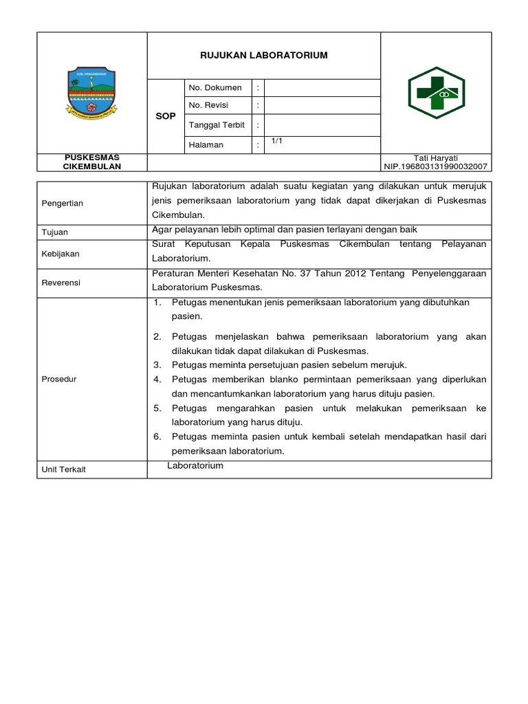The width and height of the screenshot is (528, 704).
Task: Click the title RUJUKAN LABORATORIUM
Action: pyautogui.click(x=263, y=56)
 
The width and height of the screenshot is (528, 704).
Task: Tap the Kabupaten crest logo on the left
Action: pyautogui.click(x=91, y=92)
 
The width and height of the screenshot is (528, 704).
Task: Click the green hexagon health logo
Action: pyautogui.click(x=436, y=92)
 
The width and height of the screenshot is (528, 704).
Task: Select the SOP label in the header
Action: pyautogui.click(x=166, y=117)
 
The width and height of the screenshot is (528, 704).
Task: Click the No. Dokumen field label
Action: pyautogui.click(x=215, y=88)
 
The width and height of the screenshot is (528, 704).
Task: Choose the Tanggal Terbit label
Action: pyautogui.click(x=217, y=125)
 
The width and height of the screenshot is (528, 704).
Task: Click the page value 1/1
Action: pyautogui.click(x=277, y=141)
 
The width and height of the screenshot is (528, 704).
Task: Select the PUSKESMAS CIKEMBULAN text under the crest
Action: pyautogui.click(x=91, y=162)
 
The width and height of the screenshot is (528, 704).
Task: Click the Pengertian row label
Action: pyautogui.click(x=62, y=203)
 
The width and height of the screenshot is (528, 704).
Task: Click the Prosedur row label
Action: pyautogui.click(x=59, y=379)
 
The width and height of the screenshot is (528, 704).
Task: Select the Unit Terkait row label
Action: pyautogui.click(x=63, y=469)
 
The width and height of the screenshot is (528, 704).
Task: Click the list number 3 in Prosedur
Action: pyautogui.click(x=157, y=364)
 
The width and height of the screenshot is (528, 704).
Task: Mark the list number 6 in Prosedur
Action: pyautogui.click(x=157, y=437)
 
